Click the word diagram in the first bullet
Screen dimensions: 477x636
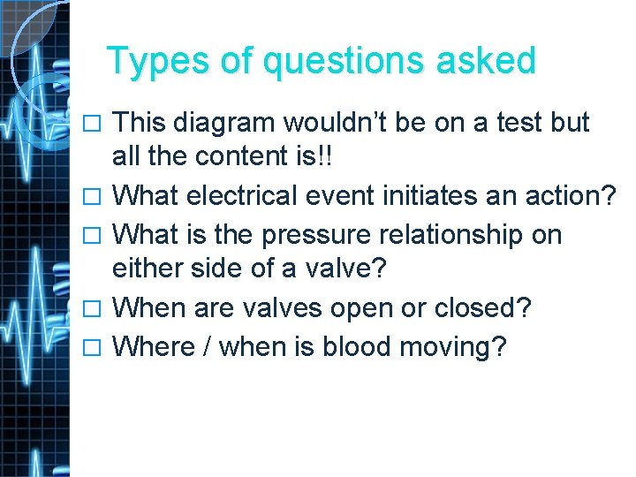[232, 123]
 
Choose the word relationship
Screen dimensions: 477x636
[458, 235]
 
